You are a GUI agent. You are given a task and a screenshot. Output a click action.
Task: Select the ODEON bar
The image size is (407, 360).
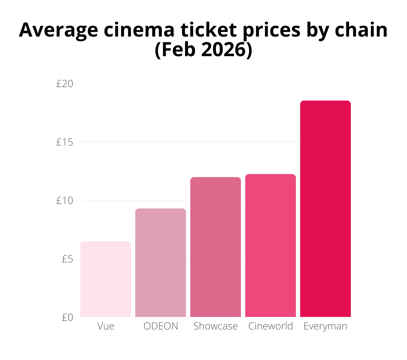point(161,263)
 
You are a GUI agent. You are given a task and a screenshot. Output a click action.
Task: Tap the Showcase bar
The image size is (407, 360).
point(216,247)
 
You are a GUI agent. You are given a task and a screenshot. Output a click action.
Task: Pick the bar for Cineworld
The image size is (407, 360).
point(270,245)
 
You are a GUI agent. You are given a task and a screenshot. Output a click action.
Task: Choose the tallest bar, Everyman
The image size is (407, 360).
point(325,209)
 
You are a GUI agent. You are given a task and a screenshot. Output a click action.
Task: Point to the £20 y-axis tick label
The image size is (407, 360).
point(64,84)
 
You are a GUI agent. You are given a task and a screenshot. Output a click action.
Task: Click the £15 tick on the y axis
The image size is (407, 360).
point(64,142)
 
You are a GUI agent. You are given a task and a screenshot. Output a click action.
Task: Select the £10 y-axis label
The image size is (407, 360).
point(64,201)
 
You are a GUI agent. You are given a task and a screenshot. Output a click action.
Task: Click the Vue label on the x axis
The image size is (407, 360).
point(106,326)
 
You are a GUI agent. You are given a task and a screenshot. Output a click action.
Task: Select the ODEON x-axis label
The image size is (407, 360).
point(161,326)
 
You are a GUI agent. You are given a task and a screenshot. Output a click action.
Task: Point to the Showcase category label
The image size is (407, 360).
point(216,326)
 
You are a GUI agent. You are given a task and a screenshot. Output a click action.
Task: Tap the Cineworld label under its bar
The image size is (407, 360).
point(270,326)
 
